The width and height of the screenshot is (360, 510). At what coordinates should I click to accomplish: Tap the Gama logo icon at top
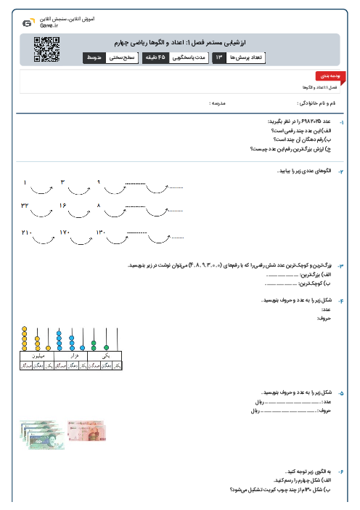coord(27,23)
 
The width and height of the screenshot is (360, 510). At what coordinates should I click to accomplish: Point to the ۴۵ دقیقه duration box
coord(157,57)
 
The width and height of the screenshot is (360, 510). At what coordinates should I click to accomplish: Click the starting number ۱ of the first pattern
coord(25,182)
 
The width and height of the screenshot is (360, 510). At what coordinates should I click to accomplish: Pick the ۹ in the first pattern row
coord(99,182)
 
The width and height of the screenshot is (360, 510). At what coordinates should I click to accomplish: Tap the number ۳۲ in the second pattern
coord(25,206)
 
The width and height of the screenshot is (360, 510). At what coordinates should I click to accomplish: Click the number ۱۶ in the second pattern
coord(62,206)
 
